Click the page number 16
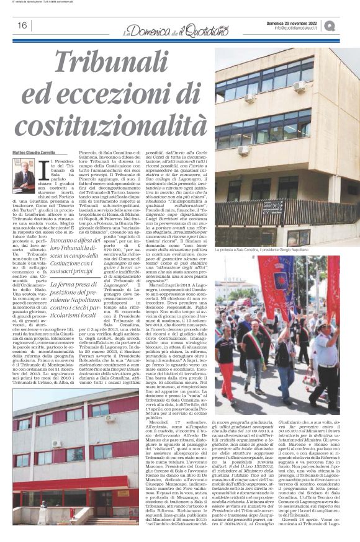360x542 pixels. tap(21, 25)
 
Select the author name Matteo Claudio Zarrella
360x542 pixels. tap(35, 153)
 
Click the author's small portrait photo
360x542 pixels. tap(23, 175)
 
